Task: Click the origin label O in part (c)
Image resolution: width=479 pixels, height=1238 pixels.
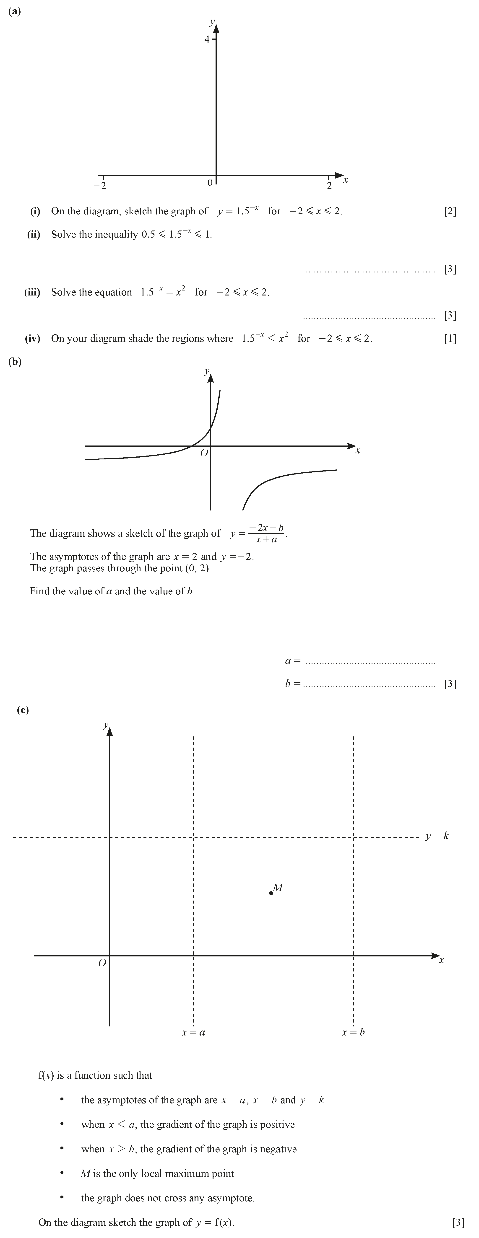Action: click(102, 963)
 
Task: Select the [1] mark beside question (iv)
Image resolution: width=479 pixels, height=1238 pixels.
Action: click(450, 338)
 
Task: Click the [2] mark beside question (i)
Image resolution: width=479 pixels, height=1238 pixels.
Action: click(450, 211)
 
